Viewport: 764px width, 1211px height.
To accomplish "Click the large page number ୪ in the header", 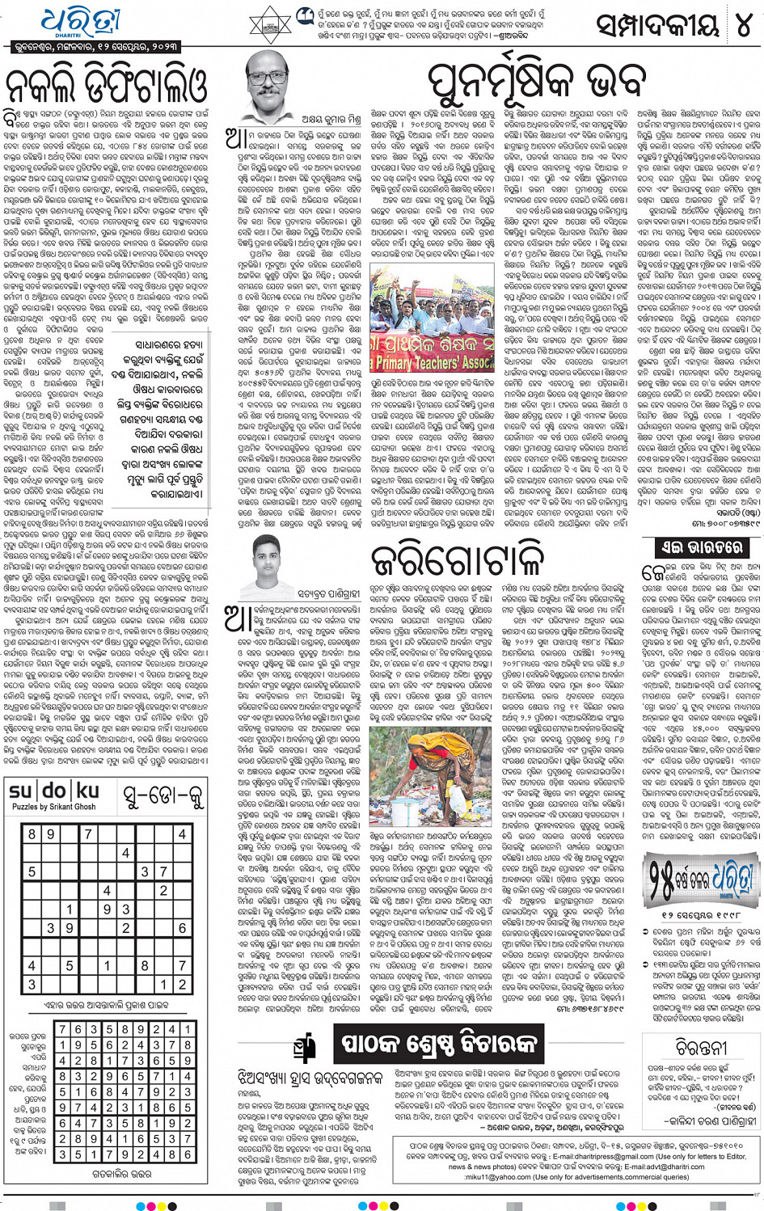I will click(741, 26).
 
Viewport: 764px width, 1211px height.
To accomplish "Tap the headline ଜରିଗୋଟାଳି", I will click(457, 560).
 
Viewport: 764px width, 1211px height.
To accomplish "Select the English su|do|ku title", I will click(54, 792).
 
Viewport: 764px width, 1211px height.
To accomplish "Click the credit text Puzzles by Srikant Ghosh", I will click(53, 807).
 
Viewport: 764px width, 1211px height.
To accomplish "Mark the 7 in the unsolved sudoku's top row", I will click(87, 833).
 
